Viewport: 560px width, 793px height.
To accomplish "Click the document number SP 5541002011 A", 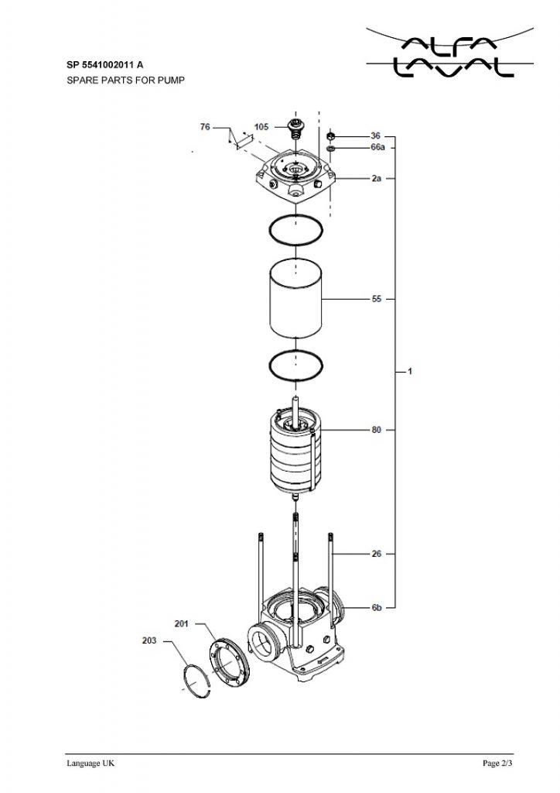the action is click(104, 65).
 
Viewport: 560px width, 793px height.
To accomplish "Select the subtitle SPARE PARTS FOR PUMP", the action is click(126, 80).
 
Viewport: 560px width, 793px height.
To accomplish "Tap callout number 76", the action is click(205, 127).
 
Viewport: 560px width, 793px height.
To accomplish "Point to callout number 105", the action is click(261, 127).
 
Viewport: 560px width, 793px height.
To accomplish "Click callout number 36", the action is click(376, 136).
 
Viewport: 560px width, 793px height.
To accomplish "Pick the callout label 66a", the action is click(377, 147).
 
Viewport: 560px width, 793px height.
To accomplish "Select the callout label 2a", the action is click(376, 179).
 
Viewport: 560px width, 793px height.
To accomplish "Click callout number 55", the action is click(377, 299).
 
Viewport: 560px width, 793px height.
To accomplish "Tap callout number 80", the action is click(377, 430).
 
